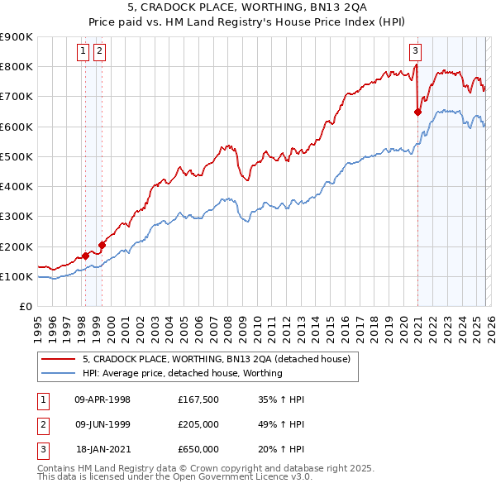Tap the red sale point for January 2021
(417, 112)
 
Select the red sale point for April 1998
(85, 256)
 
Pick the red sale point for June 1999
(102, 245)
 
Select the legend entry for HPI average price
(183, 373)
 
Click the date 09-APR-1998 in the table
(103, 399)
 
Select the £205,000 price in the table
(198, 424)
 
